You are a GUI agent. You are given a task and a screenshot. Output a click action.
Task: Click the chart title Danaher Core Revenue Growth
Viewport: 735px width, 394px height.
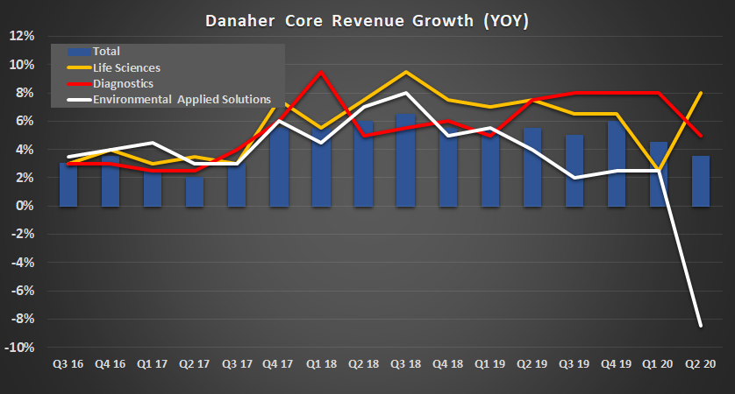pos(367,18)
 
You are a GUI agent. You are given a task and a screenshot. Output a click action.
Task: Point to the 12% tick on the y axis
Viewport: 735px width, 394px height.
pos(21,36)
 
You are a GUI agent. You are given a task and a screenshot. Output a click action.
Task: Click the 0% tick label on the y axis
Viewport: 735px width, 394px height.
pos(24,206)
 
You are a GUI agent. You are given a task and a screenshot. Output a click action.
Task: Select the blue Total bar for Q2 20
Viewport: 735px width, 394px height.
pos(700,181)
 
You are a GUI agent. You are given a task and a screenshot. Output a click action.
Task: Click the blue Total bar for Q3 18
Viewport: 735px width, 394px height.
pos(405,160)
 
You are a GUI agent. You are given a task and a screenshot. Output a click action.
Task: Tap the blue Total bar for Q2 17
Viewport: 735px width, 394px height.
pos(194,191)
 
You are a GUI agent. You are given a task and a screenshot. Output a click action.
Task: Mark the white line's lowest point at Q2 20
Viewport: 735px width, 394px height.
pos(700,326)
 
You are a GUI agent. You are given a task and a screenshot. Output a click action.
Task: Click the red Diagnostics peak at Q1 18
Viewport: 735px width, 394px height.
pos(321,72)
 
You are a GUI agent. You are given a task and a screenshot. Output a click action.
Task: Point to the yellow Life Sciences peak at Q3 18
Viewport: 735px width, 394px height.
pos(405,72)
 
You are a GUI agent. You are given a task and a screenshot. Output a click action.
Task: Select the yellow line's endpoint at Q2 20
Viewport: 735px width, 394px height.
pos(700,93)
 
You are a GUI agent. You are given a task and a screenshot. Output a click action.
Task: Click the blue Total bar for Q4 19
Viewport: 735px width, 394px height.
pos(616,164)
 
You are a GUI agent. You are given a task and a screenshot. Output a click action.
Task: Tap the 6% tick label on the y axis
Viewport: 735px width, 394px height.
pos(24,121)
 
